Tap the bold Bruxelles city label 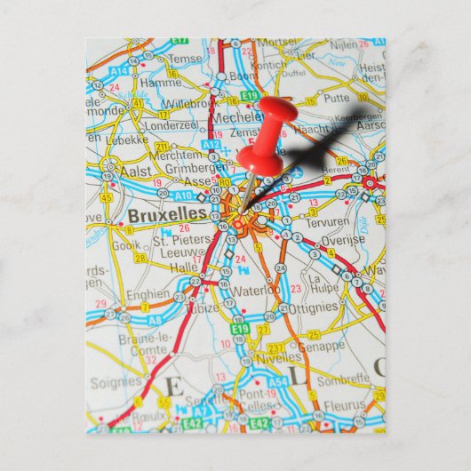pos(167,214)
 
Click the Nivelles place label pos(278,357)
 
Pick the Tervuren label pos(328,221)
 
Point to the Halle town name pos(184,267)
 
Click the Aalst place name pos(137,169)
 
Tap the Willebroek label pos(188,102)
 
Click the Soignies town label pos(116,383)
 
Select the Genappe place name pos(321,345)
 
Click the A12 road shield pos(211,144)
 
